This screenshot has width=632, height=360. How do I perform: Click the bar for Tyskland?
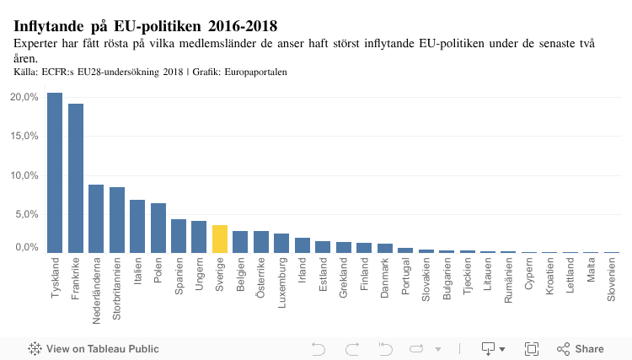point(55,173)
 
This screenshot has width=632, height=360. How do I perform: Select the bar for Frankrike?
point(76,178)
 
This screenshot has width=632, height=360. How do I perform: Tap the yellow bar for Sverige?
point(220,239)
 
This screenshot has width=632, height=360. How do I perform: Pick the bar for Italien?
point(137,226)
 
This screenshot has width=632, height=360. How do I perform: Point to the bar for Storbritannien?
point(117,220)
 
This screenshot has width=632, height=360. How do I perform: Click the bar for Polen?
point(158,228)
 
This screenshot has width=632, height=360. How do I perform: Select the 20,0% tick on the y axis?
point(24,97)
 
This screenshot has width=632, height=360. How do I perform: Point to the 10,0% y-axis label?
point(24,175)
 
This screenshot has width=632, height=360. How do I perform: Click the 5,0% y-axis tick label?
point(27,214)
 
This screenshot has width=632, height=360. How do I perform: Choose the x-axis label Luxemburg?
point(282,284)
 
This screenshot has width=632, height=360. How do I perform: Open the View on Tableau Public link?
point(94,348)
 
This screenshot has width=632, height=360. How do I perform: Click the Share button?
point(581,348)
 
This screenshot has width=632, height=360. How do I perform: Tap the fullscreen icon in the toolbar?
point(532,348)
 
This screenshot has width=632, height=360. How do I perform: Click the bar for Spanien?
point(179,236)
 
